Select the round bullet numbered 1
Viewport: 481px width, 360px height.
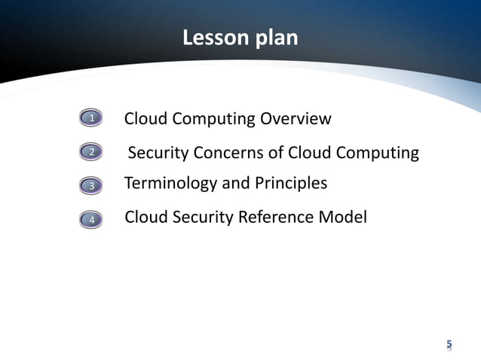91,118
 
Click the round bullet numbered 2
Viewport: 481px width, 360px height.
91,153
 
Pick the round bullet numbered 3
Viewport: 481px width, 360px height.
91,185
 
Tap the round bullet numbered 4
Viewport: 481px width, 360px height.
91,220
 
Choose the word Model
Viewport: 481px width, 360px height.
344,218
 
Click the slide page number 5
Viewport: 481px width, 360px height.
449,345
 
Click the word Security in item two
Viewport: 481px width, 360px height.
158,153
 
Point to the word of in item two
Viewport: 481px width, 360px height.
274,153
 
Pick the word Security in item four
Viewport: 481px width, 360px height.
203,218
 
